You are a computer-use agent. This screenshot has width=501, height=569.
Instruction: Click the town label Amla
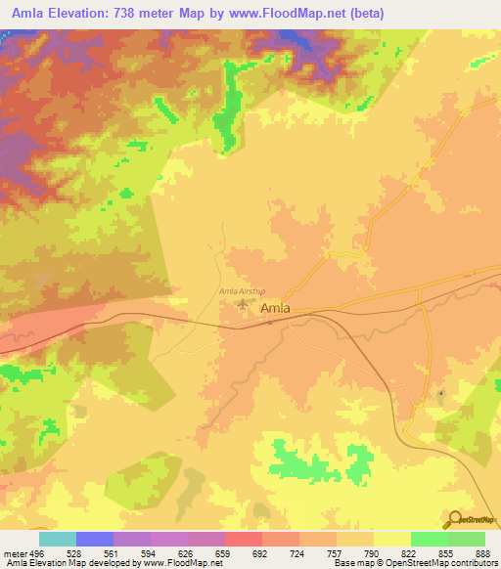point(278,309)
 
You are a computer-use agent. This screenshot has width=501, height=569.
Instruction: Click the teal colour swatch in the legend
point(58,539)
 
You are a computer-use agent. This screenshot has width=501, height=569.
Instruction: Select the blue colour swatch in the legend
point(95,539)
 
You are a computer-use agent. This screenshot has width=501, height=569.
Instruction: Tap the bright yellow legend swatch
point(392,539)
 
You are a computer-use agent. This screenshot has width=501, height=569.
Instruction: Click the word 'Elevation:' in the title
point(84,14)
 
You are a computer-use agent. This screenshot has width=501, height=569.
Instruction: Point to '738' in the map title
point(140,14)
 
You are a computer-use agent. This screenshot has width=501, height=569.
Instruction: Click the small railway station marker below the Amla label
point(270,321)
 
